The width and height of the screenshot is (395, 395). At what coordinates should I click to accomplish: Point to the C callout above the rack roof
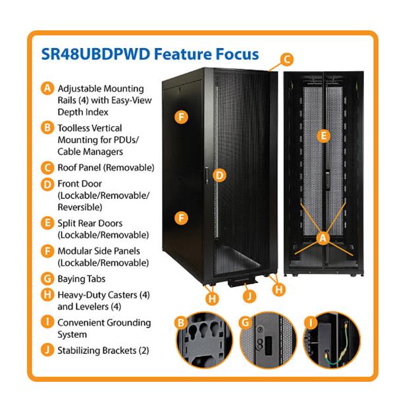click(286, 60)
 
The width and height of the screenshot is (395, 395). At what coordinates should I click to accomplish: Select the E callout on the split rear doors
click(322, 136)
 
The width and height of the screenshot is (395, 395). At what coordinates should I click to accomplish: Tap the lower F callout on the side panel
click(182, 216)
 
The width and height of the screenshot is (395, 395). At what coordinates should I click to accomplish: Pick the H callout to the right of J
click(278, 289)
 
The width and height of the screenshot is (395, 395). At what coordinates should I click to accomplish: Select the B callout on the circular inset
click(180, 323)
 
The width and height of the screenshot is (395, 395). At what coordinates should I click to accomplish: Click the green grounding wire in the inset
click(332, 346)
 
